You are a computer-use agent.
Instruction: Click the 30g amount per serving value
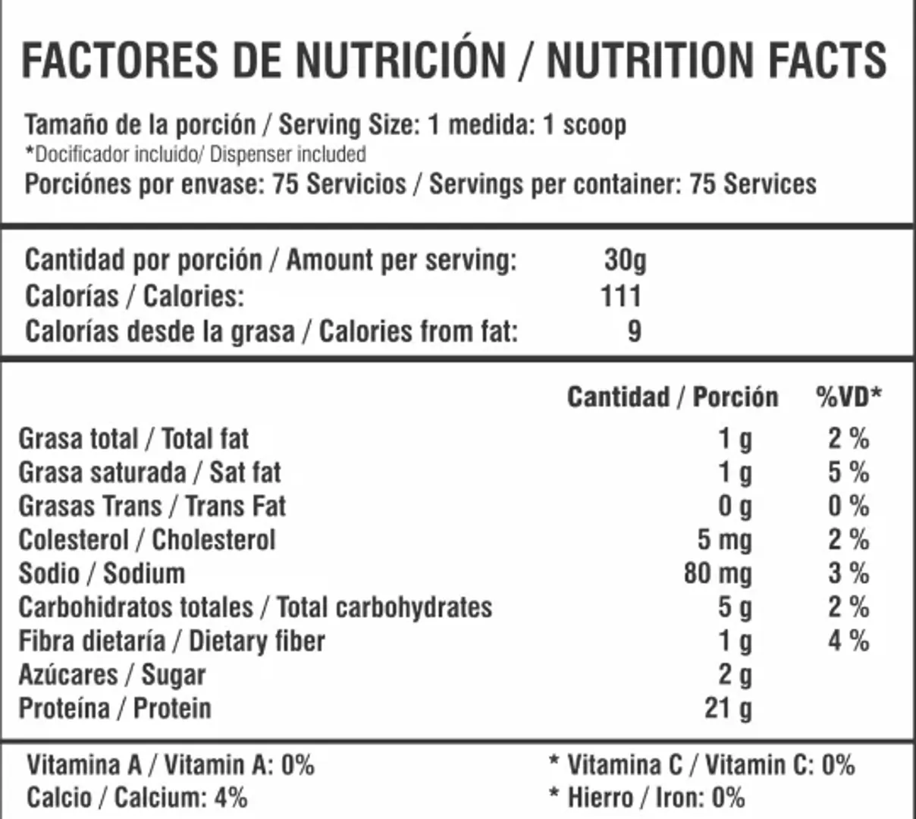[625, 260]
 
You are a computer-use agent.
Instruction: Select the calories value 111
[621, 296]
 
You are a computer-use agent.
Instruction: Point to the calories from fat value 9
[634, 331]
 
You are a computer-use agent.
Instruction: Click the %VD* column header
[849, 397]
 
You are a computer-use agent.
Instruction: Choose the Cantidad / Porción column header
[673, 397]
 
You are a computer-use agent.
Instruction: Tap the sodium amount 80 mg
[717, 573]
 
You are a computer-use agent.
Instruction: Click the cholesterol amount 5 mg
[724, 540]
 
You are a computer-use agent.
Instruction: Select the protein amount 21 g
[728, 708]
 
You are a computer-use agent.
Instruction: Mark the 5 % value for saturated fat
[848, 472]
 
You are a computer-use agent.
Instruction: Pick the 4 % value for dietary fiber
[848, 641]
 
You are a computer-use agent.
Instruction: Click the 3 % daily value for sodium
[848, 573]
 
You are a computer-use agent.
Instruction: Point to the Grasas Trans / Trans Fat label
[152, 506]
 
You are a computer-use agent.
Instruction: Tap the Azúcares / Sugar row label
[111, 675]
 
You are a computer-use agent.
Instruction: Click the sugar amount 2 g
[735, 675]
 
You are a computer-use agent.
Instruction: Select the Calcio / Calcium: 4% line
[136, 798]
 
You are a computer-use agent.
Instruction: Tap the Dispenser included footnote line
[196, 155]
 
